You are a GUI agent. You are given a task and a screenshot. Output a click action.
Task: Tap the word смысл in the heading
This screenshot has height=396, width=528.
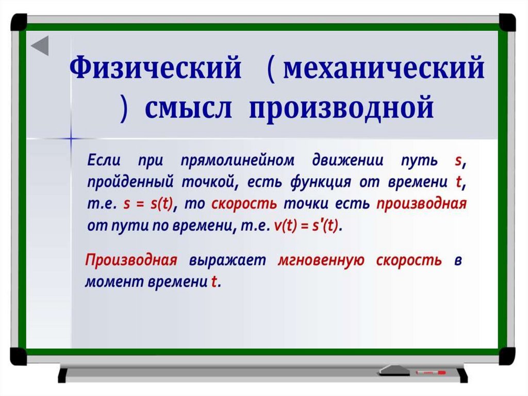tap(188, 107)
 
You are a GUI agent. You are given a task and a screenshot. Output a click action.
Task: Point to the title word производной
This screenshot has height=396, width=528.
tap(341, 108)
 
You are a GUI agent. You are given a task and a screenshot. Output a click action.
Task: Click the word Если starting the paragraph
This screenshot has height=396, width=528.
tap(104, 160)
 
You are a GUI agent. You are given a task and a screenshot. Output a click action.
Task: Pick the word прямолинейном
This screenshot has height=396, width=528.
tap(237, 161)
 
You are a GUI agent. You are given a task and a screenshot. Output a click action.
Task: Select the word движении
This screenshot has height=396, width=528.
tap(348, 161)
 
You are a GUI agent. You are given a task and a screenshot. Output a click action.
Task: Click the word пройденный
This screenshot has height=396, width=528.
tap(130, 182)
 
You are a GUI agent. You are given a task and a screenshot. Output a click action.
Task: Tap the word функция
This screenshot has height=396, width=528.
tap(320, 182)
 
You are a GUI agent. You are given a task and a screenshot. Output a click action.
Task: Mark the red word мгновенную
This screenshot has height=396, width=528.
tap(321, 260)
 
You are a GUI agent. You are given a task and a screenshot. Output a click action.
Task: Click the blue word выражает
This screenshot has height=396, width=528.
tap(227, 261)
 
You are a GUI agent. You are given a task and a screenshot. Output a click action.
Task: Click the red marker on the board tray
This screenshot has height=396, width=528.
tap(431, 372)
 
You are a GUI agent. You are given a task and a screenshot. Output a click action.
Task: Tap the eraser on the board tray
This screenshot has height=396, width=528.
tap(394, 370)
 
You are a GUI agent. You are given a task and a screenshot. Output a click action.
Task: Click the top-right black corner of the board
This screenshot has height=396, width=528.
tap(507, 22)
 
